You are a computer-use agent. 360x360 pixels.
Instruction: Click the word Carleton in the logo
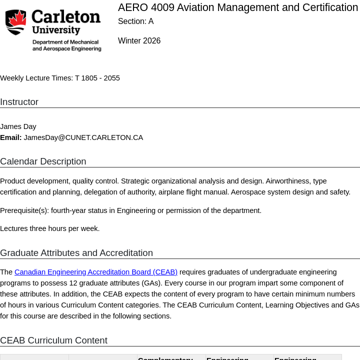coord(66,17)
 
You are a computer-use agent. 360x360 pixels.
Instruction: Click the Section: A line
coord(135,21)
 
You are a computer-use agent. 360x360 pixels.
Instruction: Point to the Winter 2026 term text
coord(139,41)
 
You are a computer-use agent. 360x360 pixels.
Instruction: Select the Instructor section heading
coord(19,102)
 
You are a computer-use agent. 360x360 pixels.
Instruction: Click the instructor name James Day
coord(18,126)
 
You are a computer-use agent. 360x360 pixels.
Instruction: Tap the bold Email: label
coord(11,137)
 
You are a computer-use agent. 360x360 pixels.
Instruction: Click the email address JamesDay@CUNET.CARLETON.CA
coord(83,137)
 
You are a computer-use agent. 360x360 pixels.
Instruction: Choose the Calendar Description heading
coord(43,161)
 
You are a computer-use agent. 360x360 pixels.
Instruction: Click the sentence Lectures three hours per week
coord(50,228)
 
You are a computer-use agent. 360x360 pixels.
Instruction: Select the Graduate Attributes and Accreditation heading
coord(76,253)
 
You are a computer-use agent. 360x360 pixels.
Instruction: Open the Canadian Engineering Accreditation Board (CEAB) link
coord(96,272)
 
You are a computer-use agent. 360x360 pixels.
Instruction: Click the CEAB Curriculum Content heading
coord(53,340)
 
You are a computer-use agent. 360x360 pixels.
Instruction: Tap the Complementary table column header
coord(165,358)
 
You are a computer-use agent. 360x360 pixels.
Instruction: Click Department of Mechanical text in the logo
coord(65,42)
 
